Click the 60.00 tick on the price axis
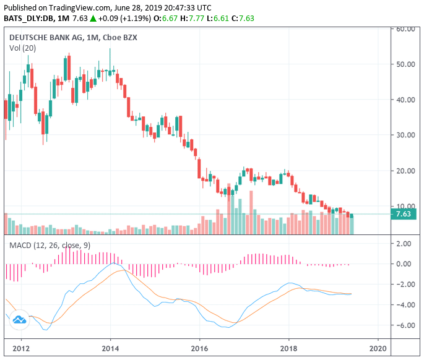click(405, 28)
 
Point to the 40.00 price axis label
click(405, 100)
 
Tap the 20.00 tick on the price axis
click(405, 171)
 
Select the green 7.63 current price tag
click(405, 214)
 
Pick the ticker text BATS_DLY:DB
click(28, 18)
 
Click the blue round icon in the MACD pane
click(19, 319)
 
